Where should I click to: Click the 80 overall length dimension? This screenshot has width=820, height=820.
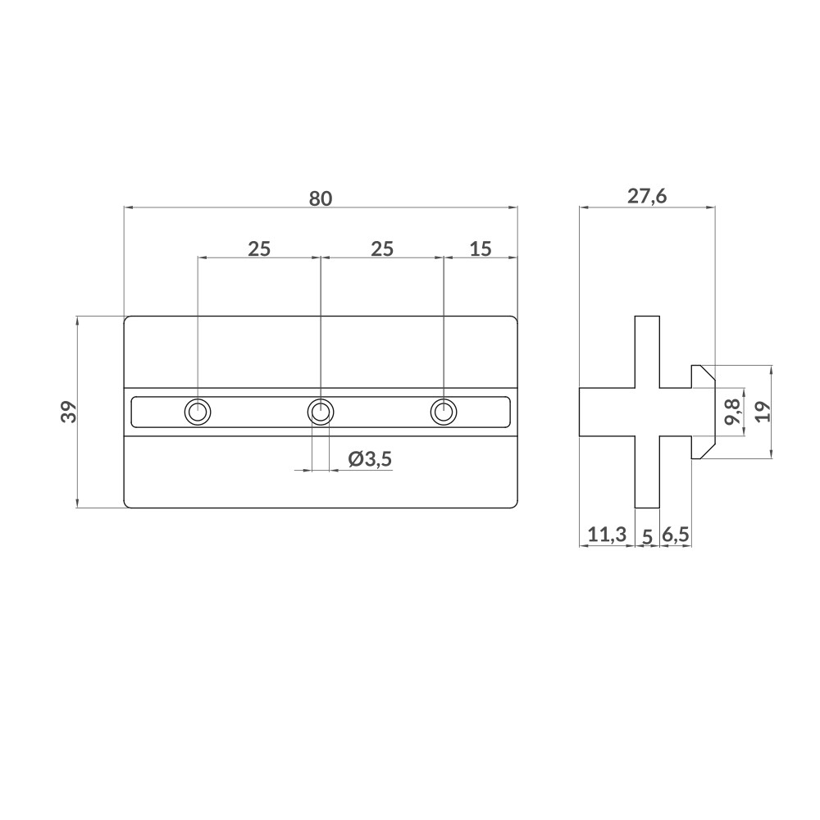320,198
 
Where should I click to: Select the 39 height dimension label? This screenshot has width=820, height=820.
69,412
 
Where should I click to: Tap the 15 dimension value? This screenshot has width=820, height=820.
480,249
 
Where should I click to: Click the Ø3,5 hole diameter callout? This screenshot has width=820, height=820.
371,459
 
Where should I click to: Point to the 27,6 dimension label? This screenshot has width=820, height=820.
647,197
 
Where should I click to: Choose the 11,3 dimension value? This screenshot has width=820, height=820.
607,535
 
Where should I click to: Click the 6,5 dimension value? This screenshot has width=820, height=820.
676,535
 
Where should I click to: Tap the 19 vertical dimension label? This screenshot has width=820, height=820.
763,412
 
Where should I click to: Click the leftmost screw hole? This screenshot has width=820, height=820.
198,412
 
